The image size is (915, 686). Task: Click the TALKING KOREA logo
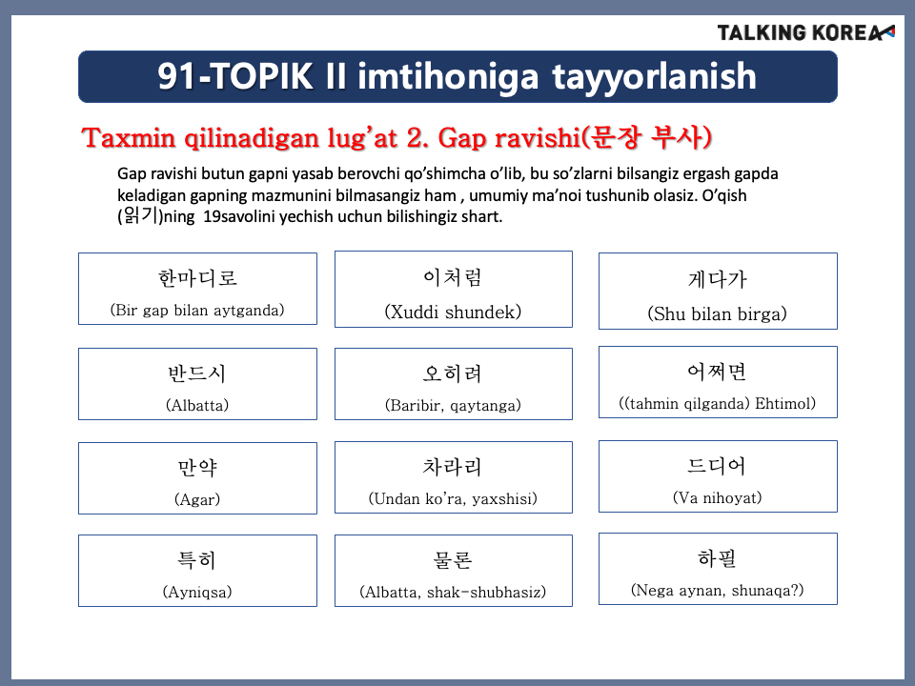806,32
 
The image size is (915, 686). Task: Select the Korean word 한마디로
198,278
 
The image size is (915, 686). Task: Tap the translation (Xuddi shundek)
453,312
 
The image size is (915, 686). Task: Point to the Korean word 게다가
717,280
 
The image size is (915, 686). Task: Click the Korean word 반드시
197,373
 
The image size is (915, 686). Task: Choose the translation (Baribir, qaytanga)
453,405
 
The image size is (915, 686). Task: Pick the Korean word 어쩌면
717,372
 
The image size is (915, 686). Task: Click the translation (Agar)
197,499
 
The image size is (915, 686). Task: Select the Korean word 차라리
453,467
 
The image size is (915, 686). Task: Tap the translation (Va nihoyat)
717,497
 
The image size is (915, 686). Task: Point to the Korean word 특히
197,560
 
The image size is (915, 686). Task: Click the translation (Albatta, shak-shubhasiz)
453,592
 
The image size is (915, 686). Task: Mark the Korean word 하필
717,558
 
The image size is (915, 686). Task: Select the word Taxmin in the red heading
129,138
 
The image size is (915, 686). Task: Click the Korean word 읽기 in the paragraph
141,216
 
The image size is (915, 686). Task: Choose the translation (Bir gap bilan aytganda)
197,310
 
